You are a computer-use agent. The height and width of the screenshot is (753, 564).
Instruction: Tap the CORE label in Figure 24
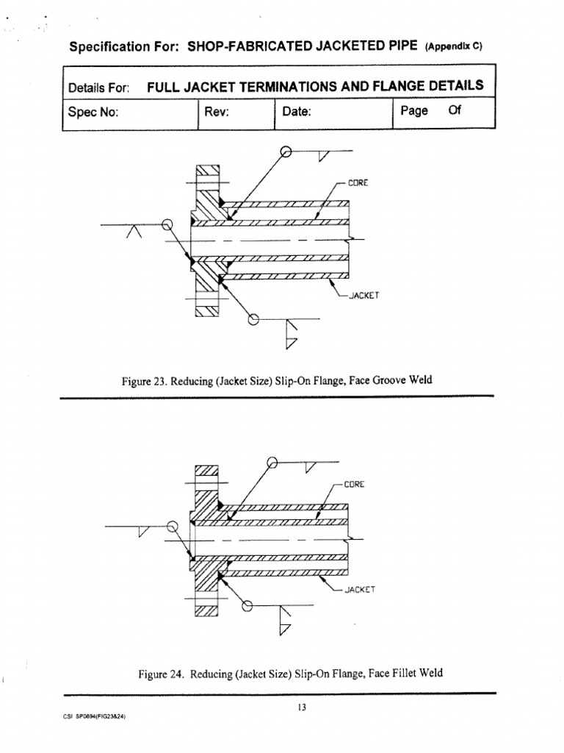(353, 485)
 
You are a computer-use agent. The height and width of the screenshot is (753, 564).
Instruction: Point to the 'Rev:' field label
(218, 113)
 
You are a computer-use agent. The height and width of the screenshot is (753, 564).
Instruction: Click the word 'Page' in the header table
(414, 111)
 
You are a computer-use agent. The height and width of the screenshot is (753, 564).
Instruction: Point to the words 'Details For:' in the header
(98, 88)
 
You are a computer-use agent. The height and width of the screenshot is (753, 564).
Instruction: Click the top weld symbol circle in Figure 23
(286, 153)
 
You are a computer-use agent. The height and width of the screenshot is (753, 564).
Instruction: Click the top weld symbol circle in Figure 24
(272, 463)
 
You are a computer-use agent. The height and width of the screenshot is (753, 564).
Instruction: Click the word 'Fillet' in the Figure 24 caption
(404, 672)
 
